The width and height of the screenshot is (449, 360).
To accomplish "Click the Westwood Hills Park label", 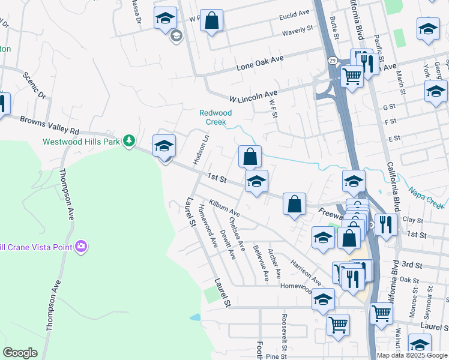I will coord(81,142).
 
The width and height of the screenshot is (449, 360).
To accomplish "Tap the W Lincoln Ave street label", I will coord(253,95).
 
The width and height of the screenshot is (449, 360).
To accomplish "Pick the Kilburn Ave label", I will coord(224,209).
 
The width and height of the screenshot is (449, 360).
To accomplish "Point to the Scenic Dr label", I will coord(34,85).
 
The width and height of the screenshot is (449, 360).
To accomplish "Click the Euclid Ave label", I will coord(294,13).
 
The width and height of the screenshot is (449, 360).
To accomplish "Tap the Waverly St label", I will coord(298,29).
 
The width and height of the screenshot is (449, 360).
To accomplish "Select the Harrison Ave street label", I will coord(306,272).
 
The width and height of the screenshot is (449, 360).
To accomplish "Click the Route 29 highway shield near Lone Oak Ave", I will coord(331,60).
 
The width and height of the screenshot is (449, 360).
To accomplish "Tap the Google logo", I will coord(20,353).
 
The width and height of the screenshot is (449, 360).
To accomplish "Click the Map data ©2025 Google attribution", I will coord(411,355).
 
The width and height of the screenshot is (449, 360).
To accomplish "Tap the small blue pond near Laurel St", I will coord(194,317).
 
